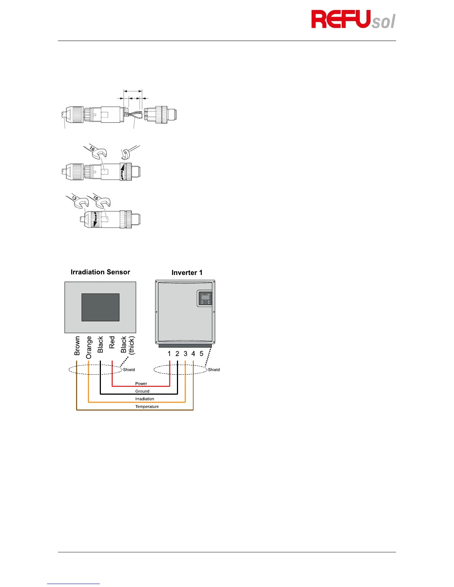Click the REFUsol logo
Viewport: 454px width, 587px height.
coord(353,20)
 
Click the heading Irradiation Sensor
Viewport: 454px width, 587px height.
coord(100,272)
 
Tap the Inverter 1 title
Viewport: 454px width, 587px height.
coord(187,273)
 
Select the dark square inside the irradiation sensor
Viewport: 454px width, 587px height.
coord(100,307)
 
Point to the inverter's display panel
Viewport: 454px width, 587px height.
coord(205,298)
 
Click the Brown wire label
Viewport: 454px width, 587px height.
coord(77,346)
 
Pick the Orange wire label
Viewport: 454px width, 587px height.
coord(89,348)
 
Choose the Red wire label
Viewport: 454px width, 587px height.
coord(112,342)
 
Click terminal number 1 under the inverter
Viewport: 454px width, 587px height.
coord(169,354)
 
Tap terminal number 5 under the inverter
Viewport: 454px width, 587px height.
coord(201,354)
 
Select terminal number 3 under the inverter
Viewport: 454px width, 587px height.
coord(185,354)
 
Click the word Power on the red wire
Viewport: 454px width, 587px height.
coord(141,384)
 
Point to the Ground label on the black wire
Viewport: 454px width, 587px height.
coord(142,391)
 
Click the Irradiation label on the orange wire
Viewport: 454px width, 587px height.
coord(145,399)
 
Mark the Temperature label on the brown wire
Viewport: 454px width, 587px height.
coord(147,407)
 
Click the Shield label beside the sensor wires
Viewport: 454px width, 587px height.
coord(129,370)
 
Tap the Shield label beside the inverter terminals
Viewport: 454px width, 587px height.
coord(214,370)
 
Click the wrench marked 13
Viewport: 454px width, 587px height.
coord(76,200)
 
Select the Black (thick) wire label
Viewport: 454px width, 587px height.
coord(127,345)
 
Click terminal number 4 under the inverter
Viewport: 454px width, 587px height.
coord(193,354)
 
